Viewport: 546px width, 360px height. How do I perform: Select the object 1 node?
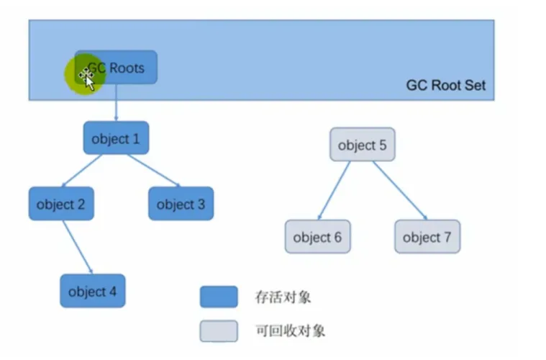click(116, 138)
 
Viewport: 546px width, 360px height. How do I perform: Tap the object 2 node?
click(60, 204)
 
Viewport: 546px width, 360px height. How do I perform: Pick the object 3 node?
click(181, 204)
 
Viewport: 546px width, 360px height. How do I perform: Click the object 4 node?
click(92, 292)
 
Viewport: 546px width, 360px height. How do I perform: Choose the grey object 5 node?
click(362, 145)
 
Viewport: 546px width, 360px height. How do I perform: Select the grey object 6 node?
click(317, 237)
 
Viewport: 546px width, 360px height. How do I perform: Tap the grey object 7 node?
click(427, 237)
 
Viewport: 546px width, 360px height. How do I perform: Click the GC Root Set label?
click(445, 85)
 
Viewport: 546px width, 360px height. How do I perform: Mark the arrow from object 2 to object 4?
click(77, 247)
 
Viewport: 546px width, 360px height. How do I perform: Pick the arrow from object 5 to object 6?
click(335, 189)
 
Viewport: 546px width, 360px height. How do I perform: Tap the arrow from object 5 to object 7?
click(400, 189)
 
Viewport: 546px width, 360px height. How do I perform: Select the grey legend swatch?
click(219, 330)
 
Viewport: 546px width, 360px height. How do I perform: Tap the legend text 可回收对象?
click(290, 331)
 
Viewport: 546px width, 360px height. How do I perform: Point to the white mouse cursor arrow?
click(89, 80)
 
